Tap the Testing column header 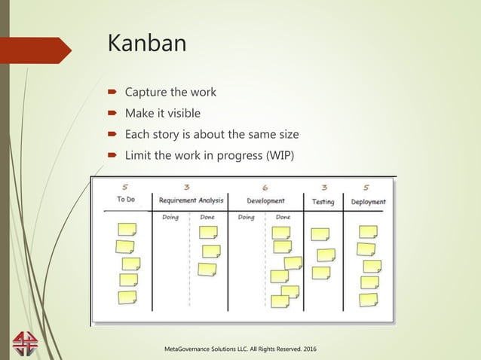coord(323,201)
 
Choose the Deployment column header coord(368,201)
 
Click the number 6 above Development coord(265,188)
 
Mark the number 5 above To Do coord(126,188)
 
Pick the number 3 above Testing coord(323,188)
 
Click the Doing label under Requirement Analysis coord(170,217)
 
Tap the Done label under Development coord(283,217)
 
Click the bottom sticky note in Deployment coord(369,299)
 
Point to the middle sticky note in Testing coord(326,255)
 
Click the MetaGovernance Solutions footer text coord(240,349)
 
